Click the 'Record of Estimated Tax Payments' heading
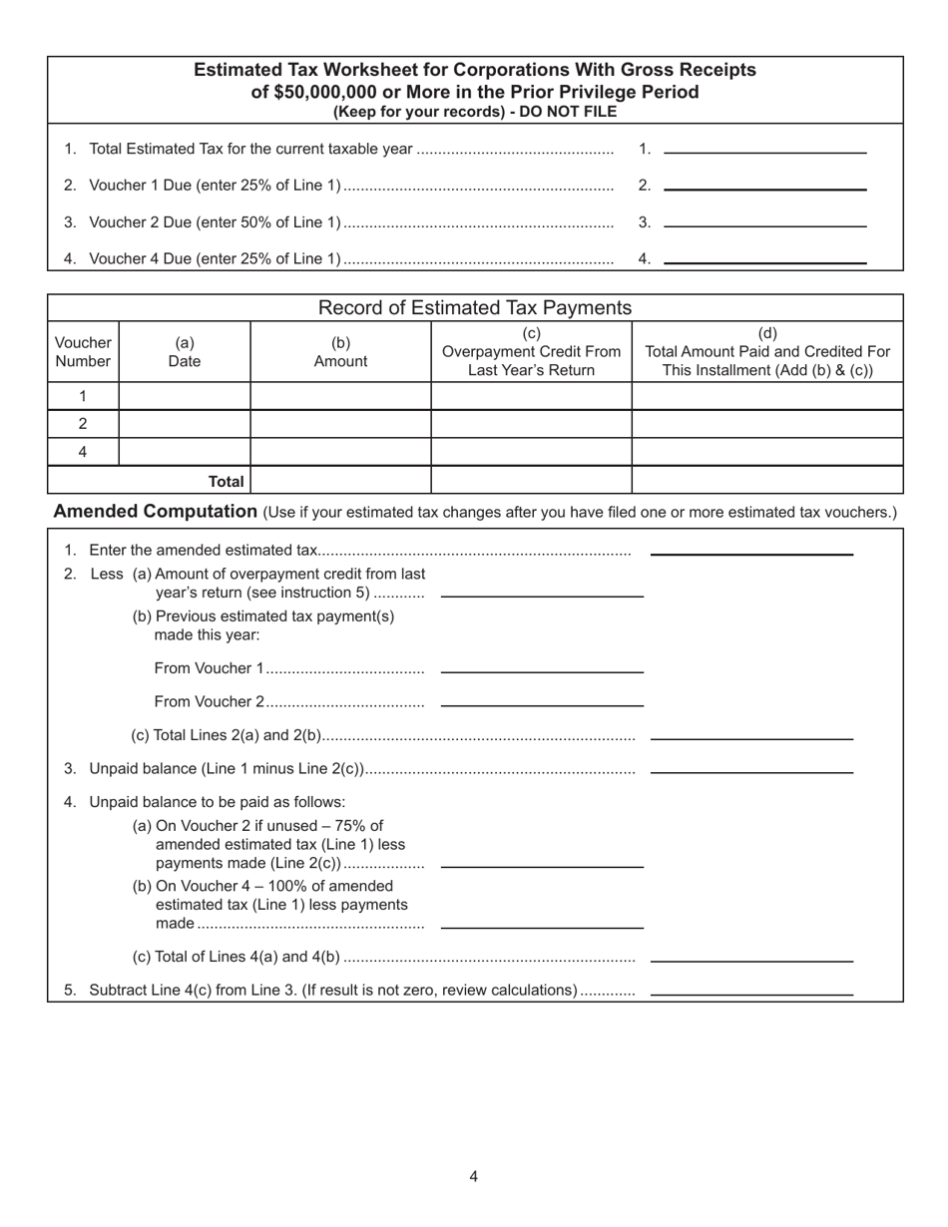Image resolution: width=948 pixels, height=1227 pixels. click(474, 307)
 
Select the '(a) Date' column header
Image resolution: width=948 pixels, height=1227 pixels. click(184, 352)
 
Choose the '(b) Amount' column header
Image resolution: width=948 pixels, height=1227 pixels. click(340, 352)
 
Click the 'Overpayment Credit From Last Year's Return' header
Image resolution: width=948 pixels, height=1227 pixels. click(531, 352)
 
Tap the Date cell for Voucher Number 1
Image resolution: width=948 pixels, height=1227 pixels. click(184, 396)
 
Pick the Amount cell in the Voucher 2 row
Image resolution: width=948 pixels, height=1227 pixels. click(340, 424)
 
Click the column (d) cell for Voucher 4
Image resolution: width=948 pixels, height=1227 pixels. click(766, 452)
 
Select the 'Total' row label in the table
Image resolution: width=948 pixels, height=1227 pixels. click(226, 481)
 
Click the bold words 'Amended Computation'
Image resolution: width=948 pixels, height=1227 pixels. click(155, 512)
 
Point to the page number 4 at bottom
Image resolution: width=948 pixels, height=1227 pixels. click(473, 1176)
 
